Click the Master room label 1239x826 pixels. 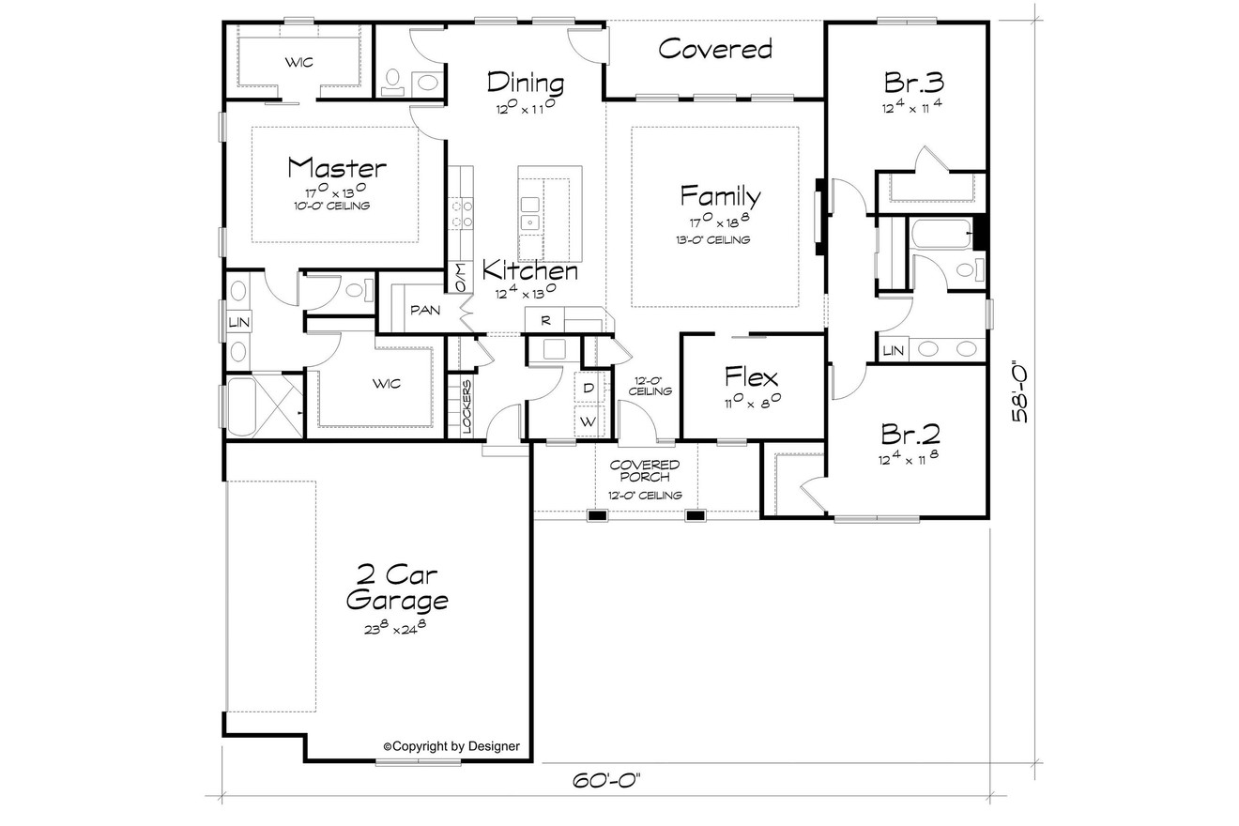point(336,168)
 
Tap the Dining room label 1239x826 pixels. point(525,83)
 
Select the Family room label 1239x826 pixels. point(720,196)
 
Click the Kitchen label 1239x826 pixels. point(530,271)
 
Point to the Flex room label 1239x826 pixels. point(751,377)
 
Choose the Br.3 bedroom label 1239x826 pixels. point(912,82)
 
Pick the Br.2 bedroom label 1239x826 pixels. point(910,434)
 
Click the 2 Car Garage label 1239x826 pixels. point(396,587)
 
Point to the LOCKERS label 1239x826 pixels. point(467,405)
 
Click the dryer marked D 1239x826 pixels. point(589,387)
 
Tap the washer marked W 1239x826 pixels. point(588,422)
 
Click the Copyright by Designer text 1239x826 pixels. point(451,746)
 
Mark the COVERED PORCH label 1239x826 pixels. point(645,471)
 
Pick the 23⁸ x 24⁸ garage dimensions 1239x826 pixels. point(395,628)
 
